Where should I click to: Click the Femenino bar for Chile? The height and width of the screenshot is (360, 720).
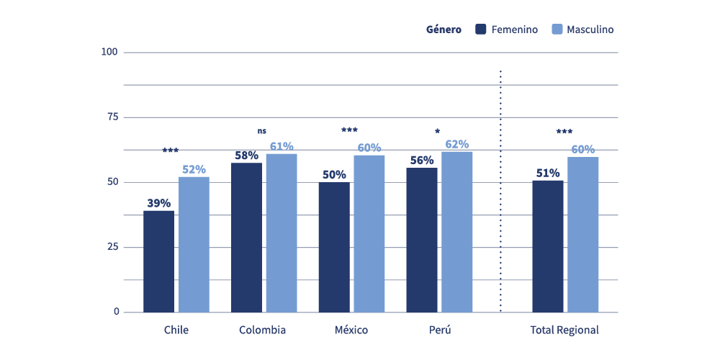pos(158,261)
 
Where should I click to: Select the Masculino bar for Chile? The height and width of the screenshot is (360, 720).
pos(194,245)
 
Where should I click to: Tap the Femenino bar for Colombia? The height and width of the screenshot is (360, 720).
pos(246,238)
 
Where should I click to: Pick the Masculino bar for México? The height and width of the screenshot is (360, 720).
pos(369,234)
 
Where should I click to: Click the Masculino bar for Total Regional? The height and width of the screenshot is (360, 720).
pos(582,235)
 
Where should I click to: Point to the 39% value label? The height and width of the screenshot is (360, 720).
pos(158,203)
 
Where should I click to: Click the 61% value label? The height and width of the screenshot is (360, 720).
pos(282,146)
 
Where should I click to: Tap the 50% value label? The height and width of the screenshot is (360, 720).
pos(334,174)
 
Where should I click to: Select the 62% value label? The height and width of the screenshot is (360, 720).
pos(456,144)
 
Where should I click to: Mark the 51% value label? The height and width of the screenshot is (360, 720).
pos(548,173)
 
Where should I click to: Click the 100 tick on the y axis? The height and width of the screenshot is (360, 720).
pos(110,52)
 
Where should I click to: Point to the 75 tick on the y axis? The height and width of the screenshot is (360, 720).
pos(112,117)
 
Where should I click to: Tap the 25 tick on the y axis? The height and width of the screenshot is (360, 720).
pos(112,247)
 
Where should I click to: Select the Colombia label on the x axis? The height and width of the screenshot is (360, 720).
pos(262,330)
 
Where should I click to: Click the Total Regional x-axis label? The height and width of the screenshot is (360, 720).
pos(564,330)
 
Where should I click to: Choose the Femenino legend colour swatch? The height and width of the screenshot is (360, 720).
pos(481,30)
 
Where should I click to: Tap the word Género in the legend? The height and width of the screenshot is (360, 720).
pos(444,30)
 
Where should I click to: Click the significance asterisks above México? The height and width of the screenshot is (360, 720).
pos(349,130)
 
